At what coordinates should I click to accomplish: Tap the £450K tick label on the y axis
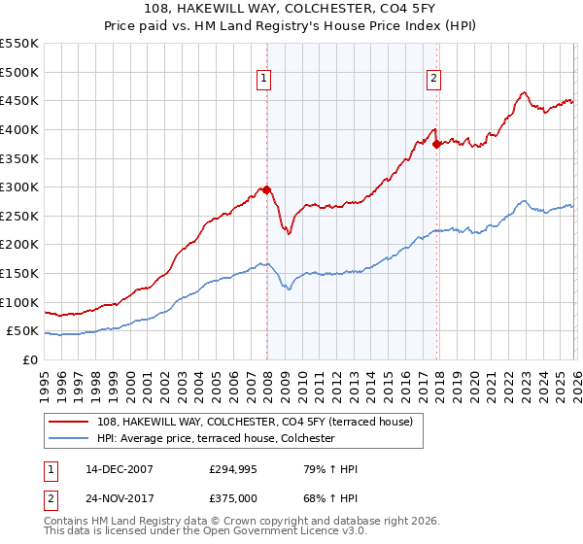(x=19, y=100)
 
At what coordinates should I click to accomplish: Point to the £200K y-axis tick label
(x=19, y=245)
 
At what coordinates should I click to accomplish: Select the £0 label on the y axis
(x=30, y=359)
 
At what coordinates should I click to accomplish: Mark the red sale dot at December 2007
(x=266, y=190)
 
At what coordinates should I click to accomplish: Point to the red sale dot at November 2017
(x=436, y=144)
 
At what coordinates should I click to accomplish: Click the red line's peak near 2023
(x=524, y=93)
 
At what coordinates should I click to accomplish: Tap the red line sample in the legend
(x=70, y=422)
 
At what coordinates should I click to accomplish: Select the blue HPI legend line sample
(x=70, y=438)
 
